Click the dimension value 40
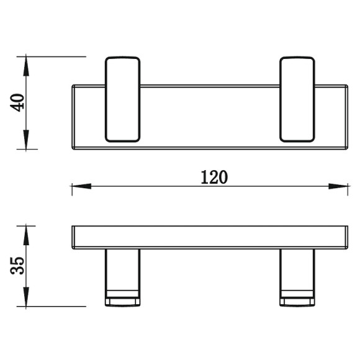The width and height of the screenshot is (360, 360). (x=17, y=102)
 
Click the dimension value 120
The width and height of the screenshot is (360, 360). (x=214, y=178)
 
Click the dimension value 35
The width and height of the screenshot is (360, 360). (x=17, y=266)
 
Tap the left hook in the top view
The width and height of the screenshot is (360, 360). (x=123, y=99)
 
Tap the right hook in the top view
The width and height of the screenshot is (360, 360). (x=297, y=99)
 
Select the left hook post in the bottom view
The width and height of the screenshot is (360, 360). (x=123, y=277)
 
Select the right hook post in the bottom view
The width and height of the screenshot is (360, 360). (x=297, y=277)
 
